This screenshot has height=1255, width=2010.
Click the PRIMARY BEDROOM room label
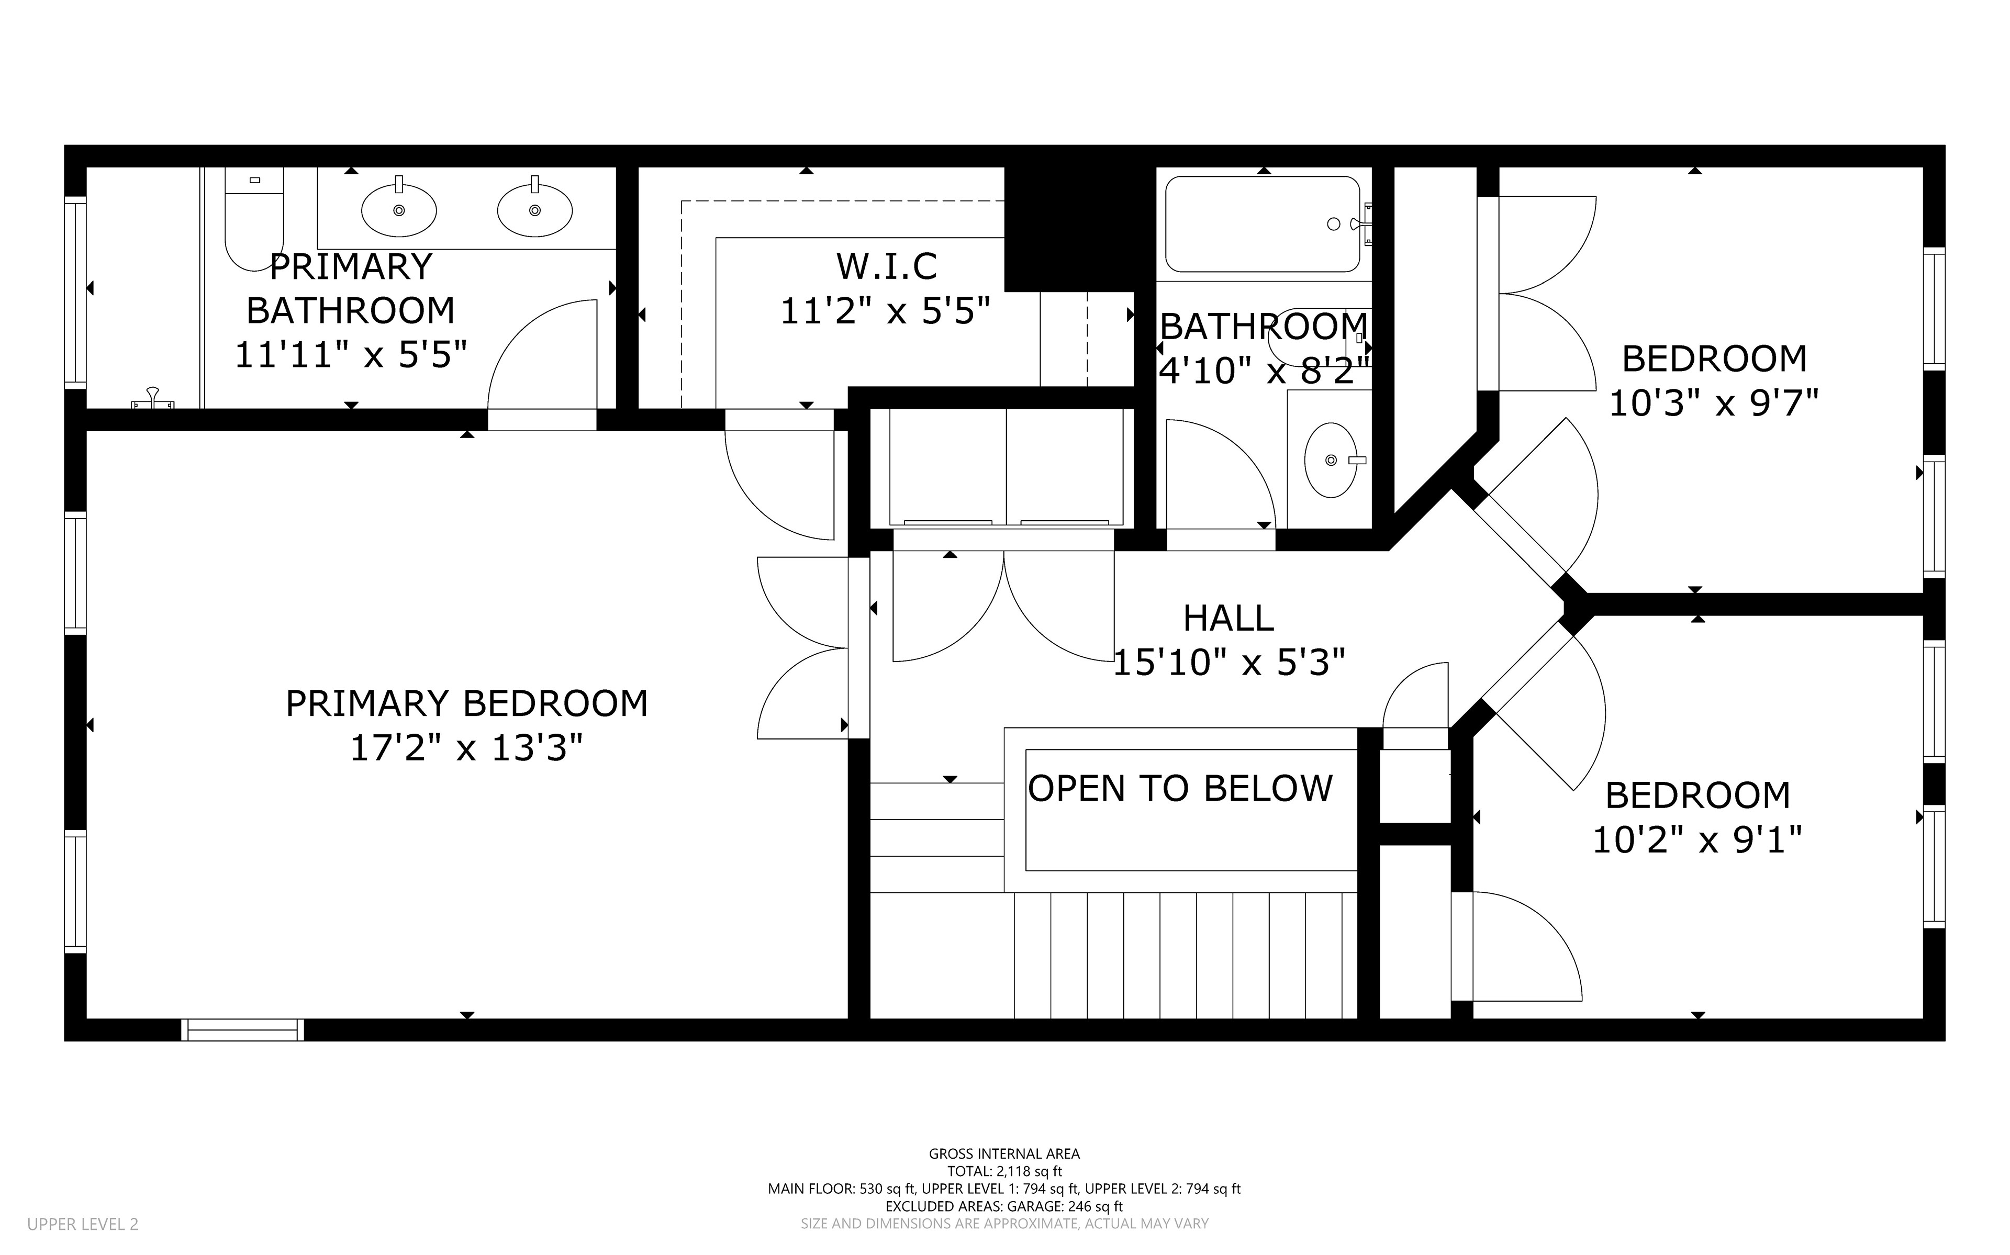coord(466,704)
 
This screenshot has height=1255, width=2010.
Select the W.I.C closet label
coord(886,266)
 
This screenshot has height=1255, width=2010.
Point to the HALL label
coord(1228,619)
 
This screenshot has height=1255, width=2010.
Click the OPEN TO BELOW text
coord(1180,789)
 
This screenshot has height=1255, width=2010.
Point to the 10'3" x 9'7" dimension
coord(1714,404)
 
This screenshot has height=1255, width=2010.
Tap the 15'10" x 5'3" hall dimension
coord(1228,663)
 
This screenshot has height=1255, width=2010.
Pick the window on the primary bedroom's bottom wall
coord(242,1029)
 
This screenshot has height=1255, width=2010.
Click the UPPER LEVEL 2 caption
coord(83,1224)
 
